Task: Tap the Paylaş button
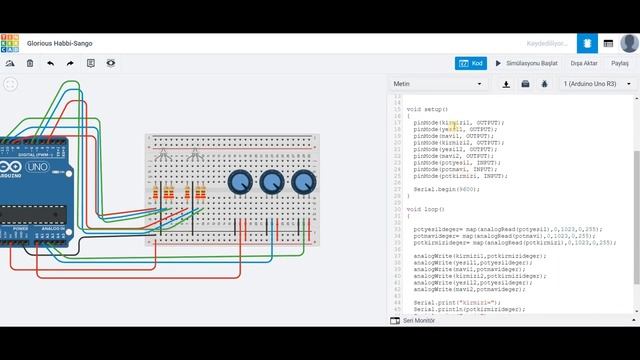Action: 620,63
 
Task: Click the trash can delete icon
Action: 30,63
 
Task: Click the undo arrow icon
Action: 50,63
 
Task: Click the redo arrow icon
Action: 70,63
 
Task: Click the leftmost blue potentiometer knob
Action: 240,182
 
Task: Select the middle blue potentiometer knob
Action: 272,182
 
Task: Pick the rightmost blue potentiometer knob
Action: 303,182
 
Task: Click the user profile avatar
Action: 629,43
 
